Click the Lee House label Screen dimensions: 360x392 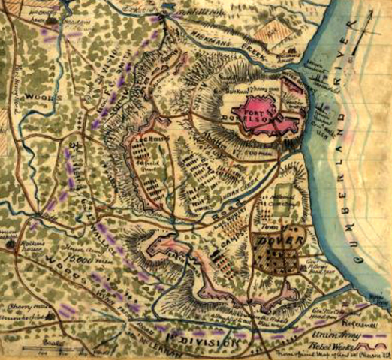pos(147,138)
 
